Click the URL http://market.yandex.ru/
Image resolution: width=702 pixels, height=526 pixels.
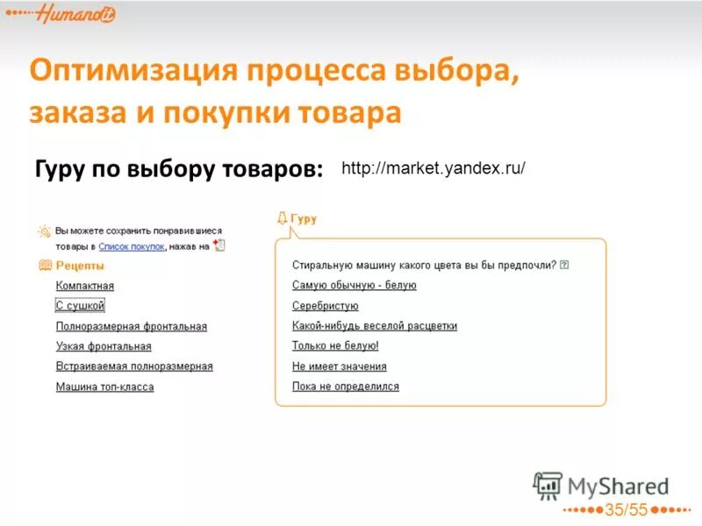pyautogui.click(x=433, y=167)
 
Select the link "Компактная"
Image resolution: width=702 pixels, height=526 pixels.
pyautogui.click(x=85, y=286)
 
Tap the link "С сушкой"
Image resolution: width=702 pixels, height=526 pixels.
pyautogui.click(x=80, y=306)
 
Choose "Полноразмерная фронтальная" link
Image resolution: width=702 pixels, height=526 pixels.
pyautogui.click(x=132, y=326)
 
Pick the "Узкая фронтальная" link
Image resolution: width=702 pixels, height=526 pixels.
pyautogui.click(x=104, y=346)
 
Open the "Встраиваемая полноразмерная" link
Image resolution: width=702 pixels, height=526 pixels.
pyautogui.click(x=134, y=366)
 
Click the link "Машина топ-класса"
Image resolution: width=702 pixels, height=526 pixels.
pyautogui.click(x=104, y=387)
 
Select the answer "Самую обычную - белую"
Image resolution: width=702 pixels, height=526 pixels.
pyautogui.click(x=354, y=285)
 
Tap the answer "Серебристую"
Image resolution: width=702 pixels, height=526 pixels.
pyautogui.click(x=325, y=306)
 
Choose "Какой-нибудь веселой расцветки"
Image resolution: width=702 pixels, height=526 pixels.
pyautogui.click(x=374, y=326)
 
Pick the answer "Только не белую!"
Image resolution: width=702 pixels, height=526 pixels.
pyautogui.click(x=335, y=346)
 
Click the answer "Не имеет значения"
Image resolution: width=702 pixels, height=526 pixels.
pyautogui.click(x=339, y=366)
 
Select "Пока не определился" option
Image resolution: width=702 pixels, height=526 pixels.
pyautogui.click(x=345, y=387)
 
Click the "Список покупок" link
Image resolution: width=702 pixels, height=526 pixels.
pyautogui.click(x=132, y=247)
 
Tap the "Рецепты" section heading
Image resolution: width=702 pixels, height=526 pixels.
pyautogui.click(x=80, y=265)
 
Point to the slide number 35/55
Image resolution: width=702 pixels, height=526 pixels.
pyautogui.click(x=626, y=510)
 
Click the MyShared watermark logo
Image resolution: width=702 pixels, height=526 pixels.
pyautogui.click(x=602, y=486)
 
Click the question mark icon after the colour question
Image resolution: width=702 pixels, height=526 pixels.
pyautogui.click(x=564, y=265)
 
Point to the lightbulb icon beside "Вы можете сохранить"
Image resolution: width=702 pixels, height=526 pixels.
pyautogui.click(x=44, y=231)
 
